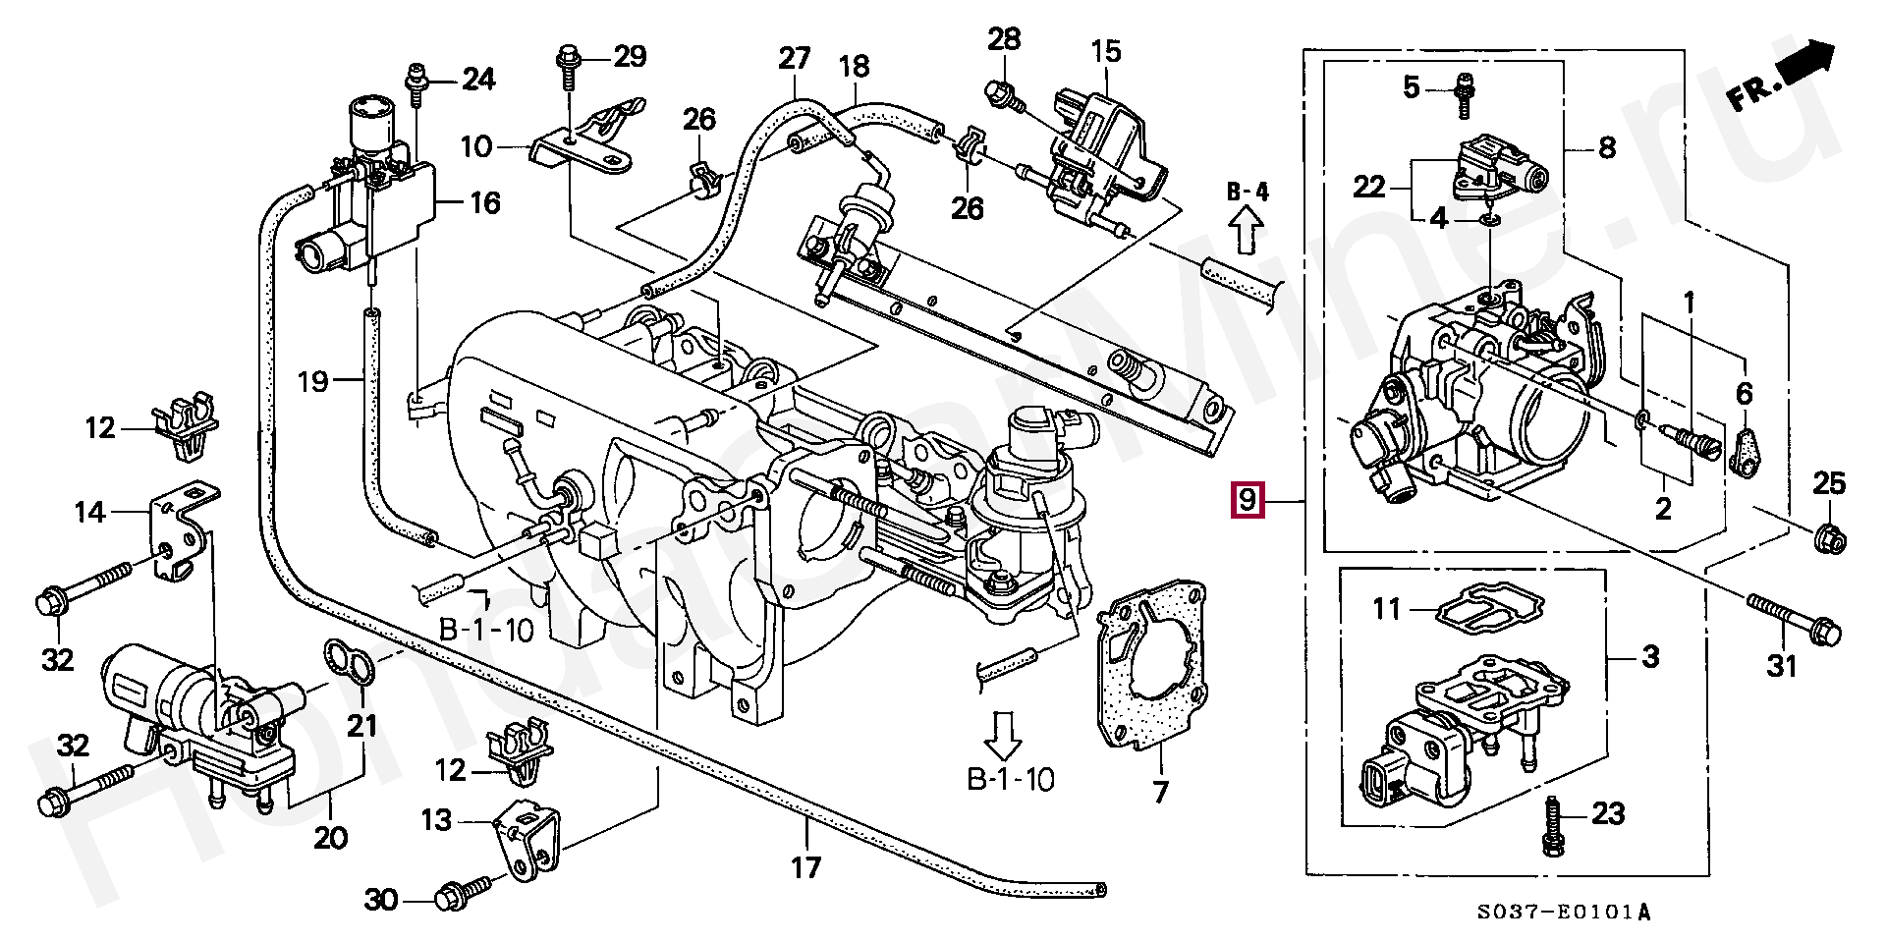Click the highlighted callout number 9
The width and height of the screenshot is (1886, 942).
(x=1247, y=501)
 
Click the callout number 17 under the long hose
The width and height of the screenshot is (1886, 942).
(x=805, y=867)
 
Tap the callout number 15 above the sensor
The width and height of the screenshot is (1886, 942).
(x=1106, y=51)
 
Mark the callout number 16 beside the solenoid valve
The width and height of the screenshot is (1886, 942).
(x=484, y=203)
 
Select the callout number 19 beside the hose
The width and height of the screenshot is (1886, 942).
(x=313, y=381)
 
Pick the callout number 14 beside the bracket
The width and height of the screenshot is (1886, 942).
(x=90, y=512)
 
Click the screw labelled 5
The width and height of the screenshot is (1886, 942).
(x=1464, y=90)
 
